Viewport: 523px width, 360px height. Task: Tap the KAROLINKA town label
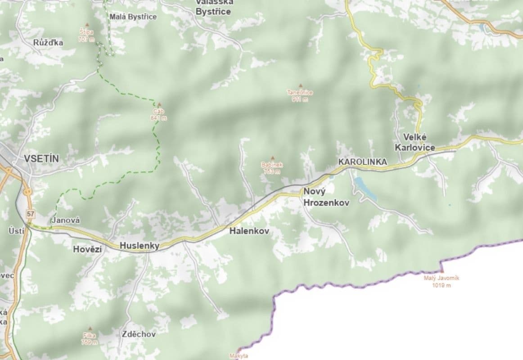362,162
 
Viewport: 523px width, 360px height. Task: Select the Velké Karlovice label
415,142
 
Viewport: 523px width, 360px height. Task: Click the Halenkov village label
249,231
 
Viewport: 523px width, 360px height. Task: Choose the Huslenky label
140,246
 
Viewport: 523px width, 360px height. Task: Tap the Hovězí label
88,248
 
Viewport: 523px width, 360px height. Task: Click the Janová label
66,220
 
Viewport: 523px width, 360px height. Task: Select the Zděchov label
139,334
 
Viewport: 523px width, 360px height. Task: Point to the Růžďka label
48,43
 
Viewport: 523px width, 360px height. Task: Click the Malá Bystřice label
133,17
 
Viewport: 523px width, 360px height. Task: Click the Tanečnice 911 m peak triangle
300,85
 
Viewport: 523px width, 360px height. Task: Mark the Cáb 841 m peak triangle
159,104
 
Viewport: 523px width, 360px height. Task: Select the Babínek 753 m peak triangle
272,157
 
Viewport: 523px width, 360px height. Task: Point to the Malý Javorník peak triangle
442,271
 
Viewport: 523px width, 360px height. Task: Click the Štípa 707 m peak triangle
87,25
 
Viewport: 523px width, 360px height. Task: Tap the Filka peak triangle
90,328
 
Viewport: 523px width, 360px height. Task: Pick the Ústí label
14,231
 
